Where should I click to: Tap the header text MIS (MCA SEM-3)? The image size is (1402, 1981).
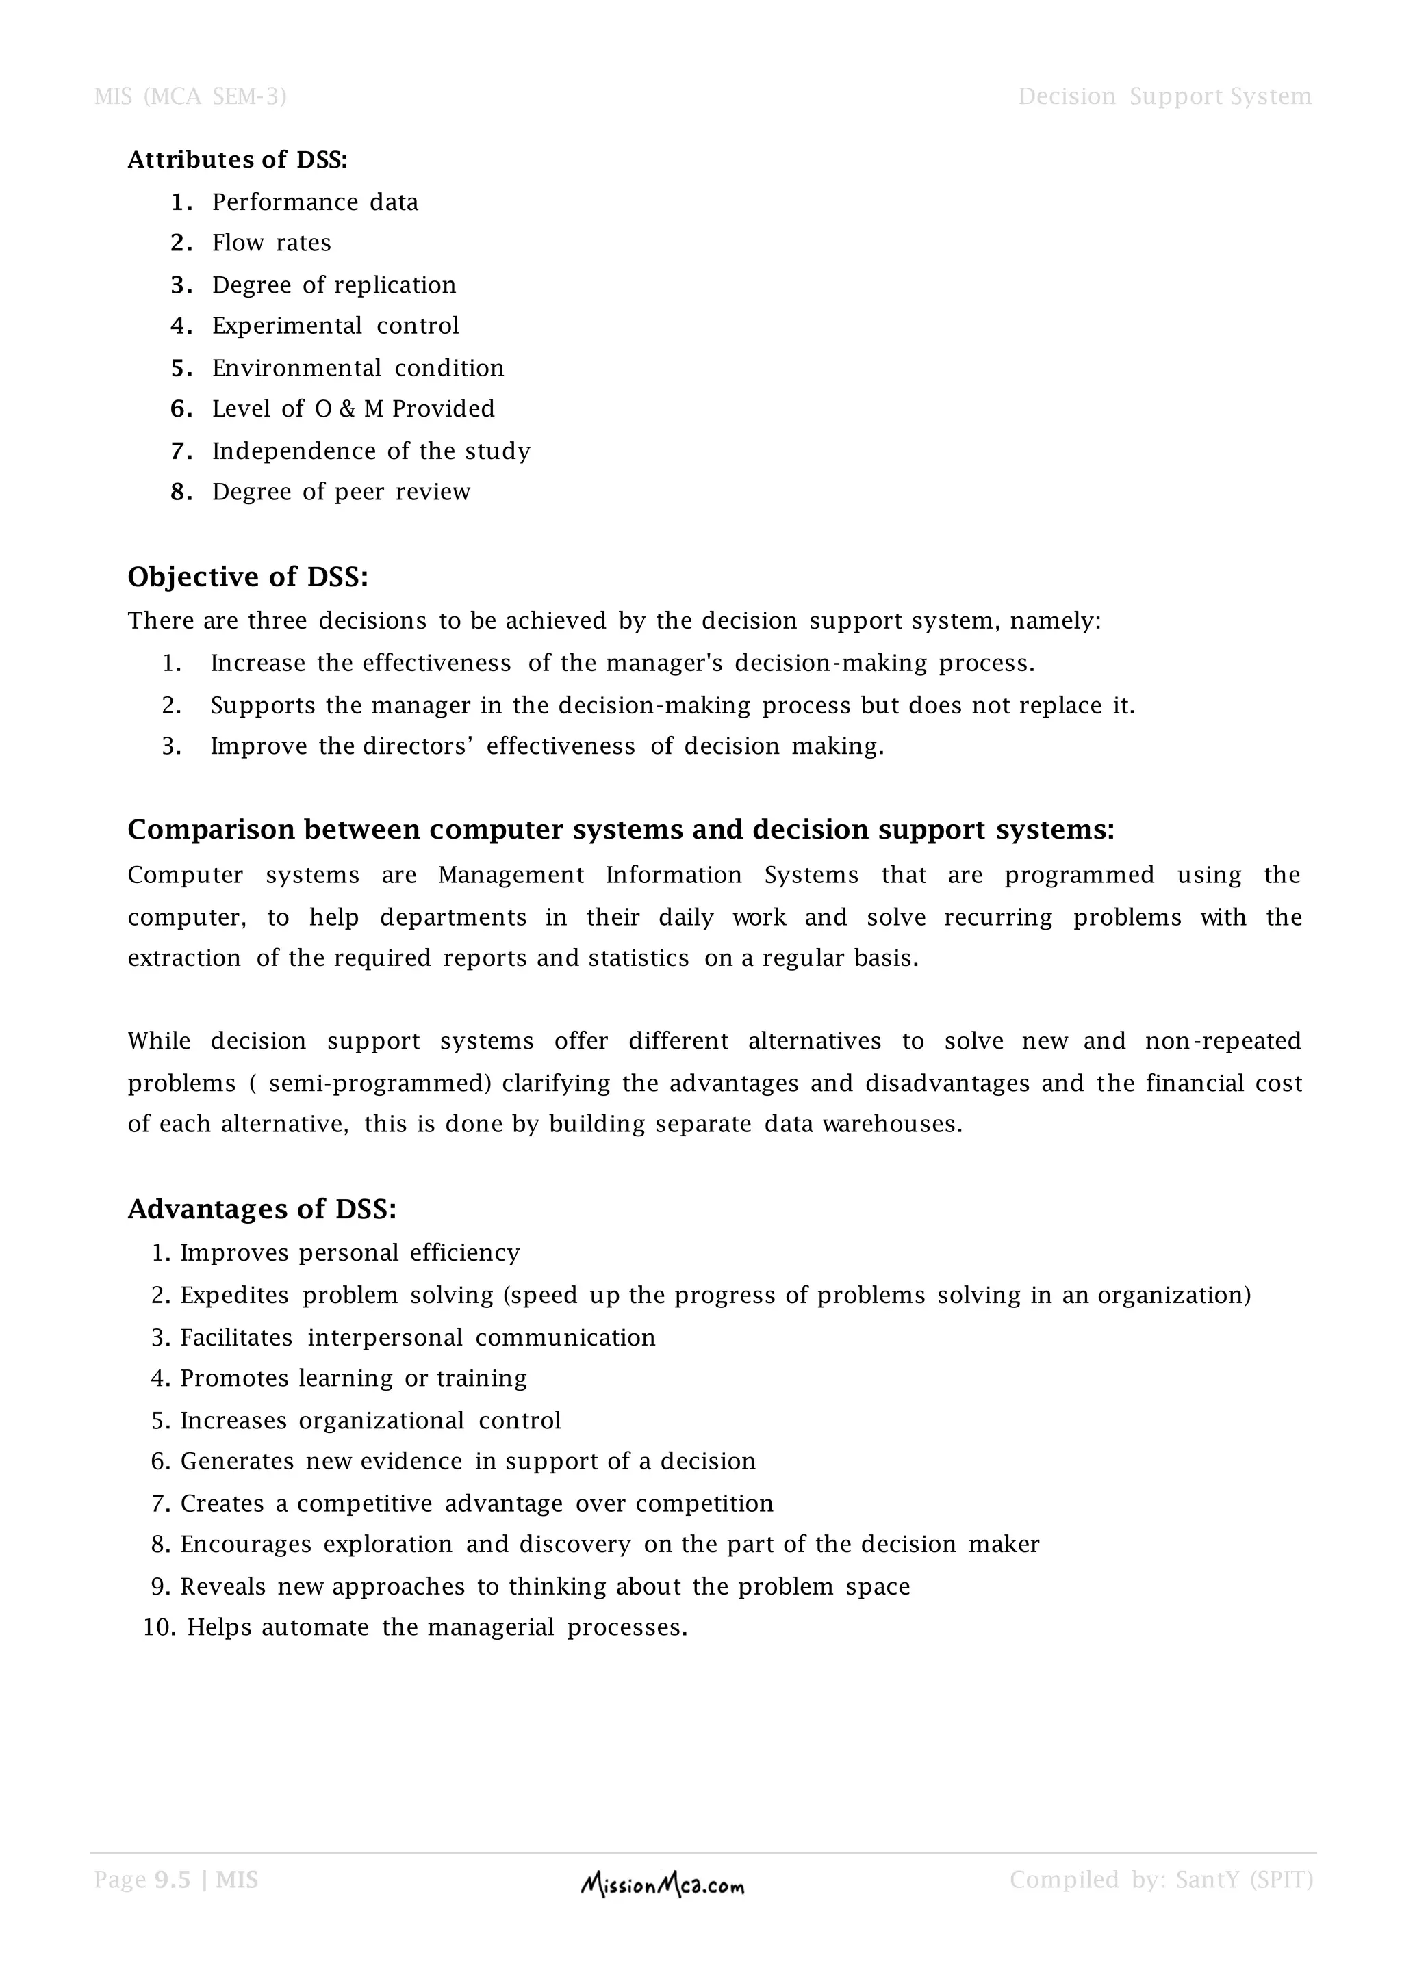(190, 96)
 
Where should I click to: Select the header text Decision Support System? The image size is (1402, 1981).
(1164, 96)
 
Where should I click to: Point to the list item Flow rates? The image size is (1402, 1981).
(271, 244)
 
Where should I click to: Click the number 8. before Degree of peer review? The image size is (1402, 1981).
(181, 492)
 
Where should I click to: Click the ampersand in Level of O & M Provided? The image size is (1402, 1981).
(347, 409)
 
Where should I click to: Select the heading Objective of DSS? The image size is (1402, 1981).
(248, 577)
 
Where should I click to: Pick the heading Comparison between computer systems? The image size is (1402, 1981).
(621, 829)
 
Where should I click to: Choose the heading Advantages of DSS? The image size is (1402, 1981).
(262, 1209)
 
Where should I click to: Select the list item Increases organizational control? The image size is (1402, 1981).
(370, 1420)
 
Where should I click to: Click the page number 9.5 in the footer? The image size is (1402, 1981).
(172, 1880)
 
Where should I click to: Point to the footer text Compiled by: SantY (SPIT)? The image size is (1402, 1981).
(1161, 1880)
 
